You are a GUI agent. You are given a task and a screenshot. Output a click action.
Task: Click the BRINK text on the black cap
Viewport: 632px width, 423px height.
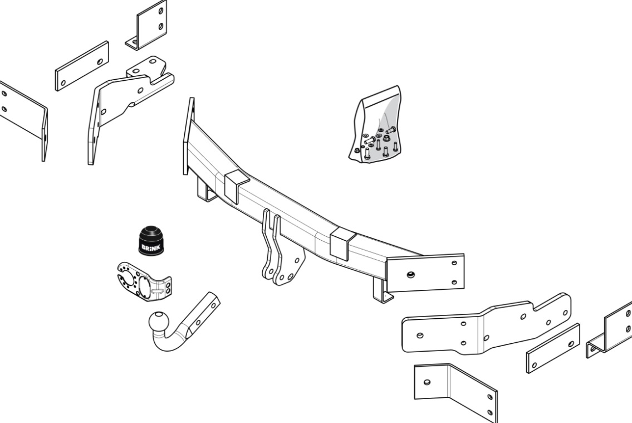tap(151, 247)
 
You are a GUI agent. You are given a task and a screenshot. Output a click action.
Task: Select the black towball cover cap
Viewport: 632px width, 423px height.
tap(151, 240)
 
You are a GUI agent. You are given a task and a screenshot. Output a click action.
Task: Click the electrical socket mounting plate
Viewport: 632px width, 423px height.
tap(144, 282)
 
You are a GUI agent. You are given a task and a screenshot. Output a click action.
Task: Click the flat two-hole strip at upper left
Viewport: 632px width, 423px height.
tap(82, 66)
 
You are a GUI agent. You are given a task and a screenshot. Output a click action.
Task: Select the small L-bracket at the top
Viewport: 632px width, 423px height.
tap(147, 25)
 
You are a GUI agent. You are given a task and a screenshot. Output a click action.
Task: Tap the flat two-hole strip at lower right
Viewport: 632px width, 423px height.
tap(553, 348)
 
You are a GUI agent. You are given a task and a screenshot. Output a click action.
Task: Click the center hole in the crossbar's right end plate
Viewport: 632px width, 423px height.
tap(410, 275)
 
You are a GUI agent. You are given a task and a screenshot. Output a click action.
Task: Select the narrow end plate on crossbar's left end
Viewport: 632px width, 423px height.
tap(189, 136)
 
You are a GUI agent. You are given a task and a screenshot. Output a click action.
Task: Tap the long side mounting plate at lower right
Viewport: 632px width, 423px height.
tap(486, 324)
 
